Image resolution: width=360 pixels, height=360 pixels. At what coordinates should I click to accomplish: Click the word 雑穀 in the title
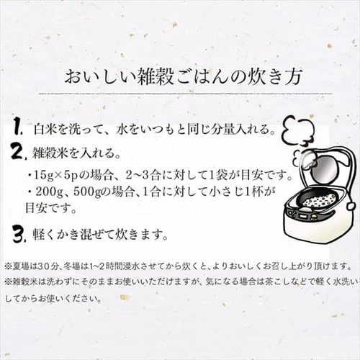click(x=155, y=77)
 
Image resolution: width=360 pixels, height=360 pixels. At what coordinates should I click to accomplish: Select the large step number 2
click(x=19, y=150)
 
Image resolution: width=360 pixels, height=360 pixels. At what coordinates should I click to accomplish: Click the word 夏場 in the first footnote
click(x=19, y=266)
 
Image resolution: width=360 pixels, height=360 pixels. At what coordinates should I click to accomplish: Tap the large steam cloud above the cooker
click(x=297, y=130)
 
